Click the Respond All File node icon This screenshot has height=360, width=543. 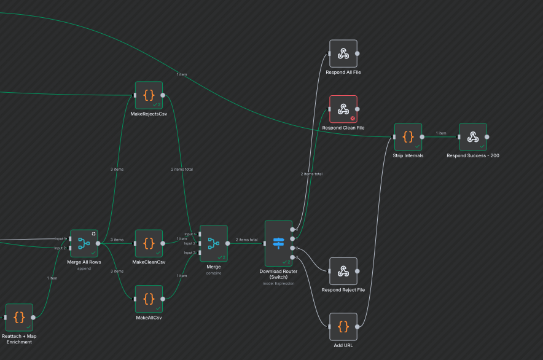click(343, 53)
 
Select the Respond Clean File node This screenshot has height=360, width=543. click(343, 109)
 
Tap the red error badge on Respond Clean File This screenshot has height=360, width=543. click(353, 118)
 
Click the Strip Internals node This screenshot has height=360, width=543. click(408, 136)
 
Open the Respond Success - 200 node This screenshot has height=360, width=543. click(472, 136)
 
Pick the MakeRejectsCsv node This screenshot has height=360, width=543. click(149, 95)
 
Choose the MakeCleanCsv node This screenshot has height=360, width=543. click(149, 243)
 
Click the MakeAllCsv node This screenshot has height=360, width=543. click(149, 299)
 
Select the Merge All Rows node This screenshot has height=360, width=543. click(84, 243)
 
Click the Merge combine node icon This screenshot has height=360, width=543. click(213, 243)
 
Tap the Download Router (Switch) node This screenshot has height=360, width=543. click(278, 243)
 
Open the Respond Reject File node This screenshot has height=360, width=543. click(343, 271)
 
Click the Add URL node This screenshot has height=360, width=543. click(343, 326)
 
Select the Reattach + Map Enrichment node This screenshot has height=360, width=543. click(19, 317)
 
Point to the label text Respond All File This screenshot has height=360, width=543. click(343, 72)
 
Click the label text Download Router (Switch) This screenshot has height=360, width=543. click(278, 274)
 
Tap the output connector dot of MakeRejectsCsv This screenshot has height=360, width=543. click(163, 95)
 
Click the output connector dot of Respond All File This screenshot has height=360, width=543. click(357, 53)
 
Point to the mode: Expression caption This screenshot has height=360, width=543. click(278, 283)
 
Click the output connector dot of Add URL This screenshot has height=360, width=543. click(357, 326)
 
